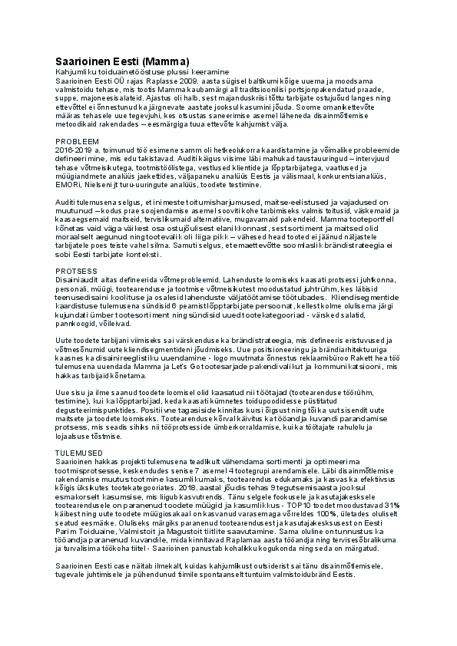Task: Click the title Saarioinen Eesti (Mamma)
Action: (x=122, y=61)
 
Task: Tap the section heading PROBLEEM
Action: (x=78, y=142)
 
